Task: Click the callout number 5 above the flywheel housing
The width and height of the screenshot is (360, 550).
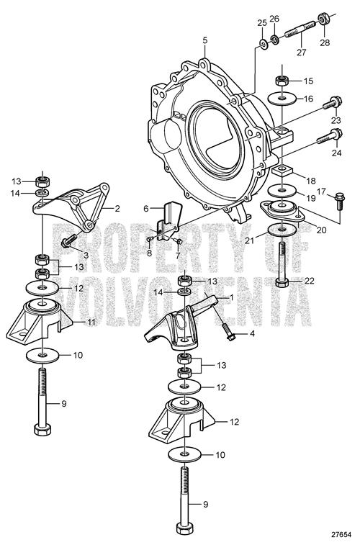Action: (x=205, y=40)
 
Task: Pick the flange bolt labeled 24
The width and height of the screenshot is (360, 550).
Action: (x=329, y=137)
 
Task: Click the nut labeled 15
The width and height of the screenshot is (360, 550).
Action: (x=282, y=81)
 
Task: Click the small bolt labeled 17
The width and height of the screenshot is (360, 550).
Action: (x=339, y=201)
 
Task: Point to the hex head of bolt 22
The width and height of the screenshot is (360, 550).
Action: (x=282, y=283)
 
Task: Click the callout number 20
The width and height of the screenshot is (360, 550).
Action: (x=321, y=230)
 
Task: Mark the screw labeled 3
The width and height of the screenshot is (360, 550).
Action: (x=69, y=242)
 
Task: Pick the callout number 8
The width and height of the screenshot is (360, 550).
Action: (x=150, y=252)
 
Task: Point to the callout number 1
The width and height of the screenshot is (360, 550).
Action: (x=231, y=297)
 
